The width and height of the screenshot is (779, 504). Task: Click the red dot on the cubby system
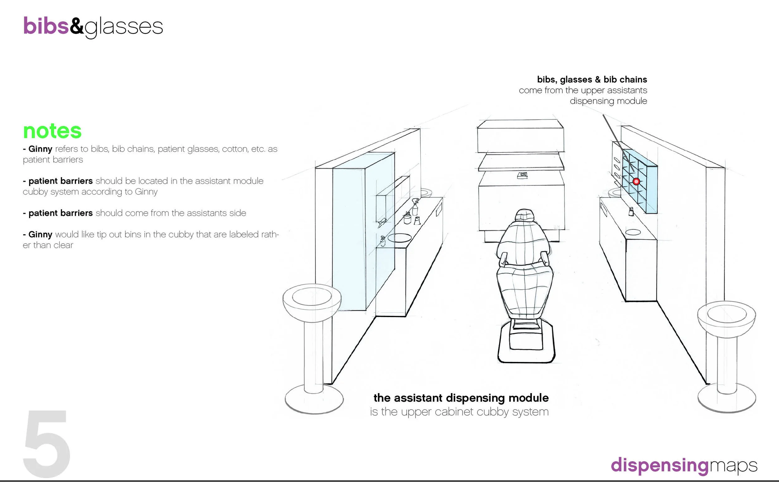pyautogui.click(x=636, y=181)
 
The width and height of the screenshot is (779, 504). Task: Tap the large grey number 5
pyautogui.click(x=47, y=444)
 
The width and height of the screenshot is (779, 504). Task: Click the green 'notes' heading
pyautogui.click(x=52, y=131)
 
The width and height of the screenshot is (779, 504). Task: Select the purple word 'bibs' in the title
pyautogui.click(x=46, y=26)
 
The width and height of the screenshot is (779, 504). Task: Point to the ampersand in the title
pyautogui.click(x=77, y=26)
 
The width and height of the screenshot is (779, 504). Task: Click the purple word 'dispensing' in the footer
pyautogui.click(x=660, y=465)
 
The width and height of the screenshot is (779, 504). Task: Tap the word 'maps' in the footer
pyautogui.click(x=733, y=466)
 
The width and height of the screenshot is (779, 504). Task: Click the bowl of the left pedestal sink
pyautogui.click(x=312, y=303)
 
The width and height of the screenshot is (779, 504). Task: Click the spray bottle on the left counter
pyautogui.click(x=415, y=207)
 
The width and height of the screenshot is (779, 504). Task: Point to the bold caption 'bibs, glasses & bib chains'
pyautogui.click(x=592, y=79)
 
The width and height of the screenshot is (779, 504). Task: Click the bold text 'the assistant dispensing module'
pyautogui.click(x=461, y=398)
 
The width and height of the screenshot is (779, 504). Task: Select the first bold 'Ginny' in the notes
pyautogui.click(x=40, y=149)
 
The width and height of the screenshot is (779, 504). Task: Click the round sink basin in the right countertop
pyautogui.click(x=633, y=232)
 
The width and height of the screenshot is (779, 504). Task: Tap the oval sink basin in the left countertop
pyautogui.click(x=399, y=238)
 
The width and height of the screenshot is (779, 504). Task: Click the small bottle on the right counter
pyautogui.click(x=631, y=212)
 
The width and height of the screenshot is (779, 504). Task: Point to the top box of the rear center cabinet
pyautogui.click(x=520, y=136)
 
